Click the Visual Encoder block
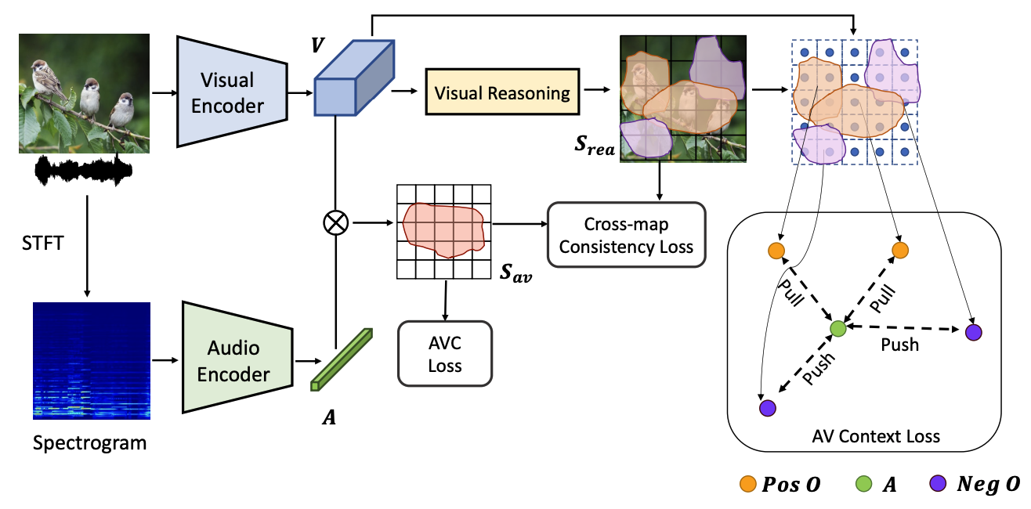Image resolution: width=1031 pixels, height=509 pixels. coord(227,92)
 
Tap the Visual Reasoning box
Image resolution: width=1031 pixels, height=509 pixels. coord(501,93)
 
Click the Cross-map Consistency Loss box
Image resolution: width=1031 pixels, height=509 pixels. coord(627,235)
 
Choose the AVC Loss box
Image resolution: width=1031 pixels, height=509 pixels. coord(445,353)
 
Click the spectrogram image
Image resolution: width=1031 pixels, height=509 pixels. coord(91,360)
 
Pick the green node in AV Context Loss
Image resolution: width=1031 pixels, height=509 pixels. coord(837,329)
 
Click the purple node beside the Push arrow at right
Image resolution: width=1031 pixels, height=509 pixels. coord(973,332)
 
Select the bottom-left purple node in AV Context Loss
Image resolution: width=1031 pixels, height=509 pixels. coord(767,408)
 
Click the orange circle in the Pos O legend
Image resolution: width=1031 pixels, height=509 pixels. coord(748,486)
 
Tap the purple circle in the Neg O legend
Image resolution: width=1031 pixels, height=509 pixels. coord(938,486)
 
